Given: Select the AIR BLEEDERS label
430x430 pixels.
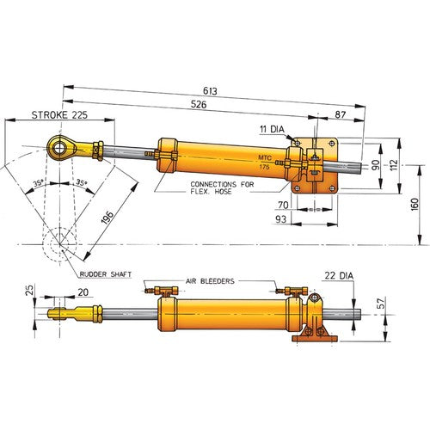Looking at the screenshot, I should (213, 281).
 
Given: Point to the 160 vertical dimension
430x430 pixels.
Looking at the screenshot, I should (415, 206).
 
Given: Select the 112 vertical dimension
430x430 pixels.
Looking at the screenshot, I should (392, 163).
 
